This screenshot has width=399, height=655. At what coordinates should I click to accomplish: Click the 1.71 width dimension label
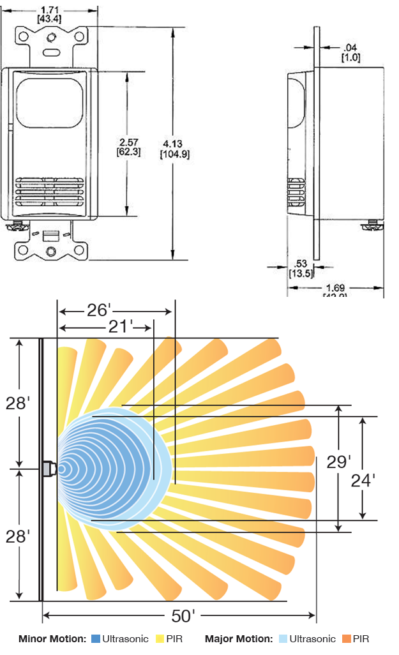pyautogui.click(x=50, y=10)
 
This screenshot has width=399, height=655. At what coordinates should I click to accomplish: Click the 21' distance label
pyautogui.click(x=118, y=327)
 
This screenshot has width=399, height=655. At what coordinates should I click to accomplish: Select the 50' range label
pyautogui.click(x=184, y=617)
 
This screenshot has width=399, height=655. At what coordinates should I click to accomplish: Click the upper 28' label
pyautogui.click(x=18, y=403)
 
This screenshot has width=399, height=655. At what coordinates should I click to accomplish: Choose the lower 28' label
pyautogui.click(x=18, y=536)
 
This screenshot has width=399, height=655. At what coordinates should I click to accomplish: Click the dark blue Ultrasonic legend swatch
pyautogui.click(x=95, y=638)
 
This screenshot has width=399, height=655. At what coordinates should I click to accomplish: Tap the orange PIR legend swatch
pyautogui.click(x=347, y=638)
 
